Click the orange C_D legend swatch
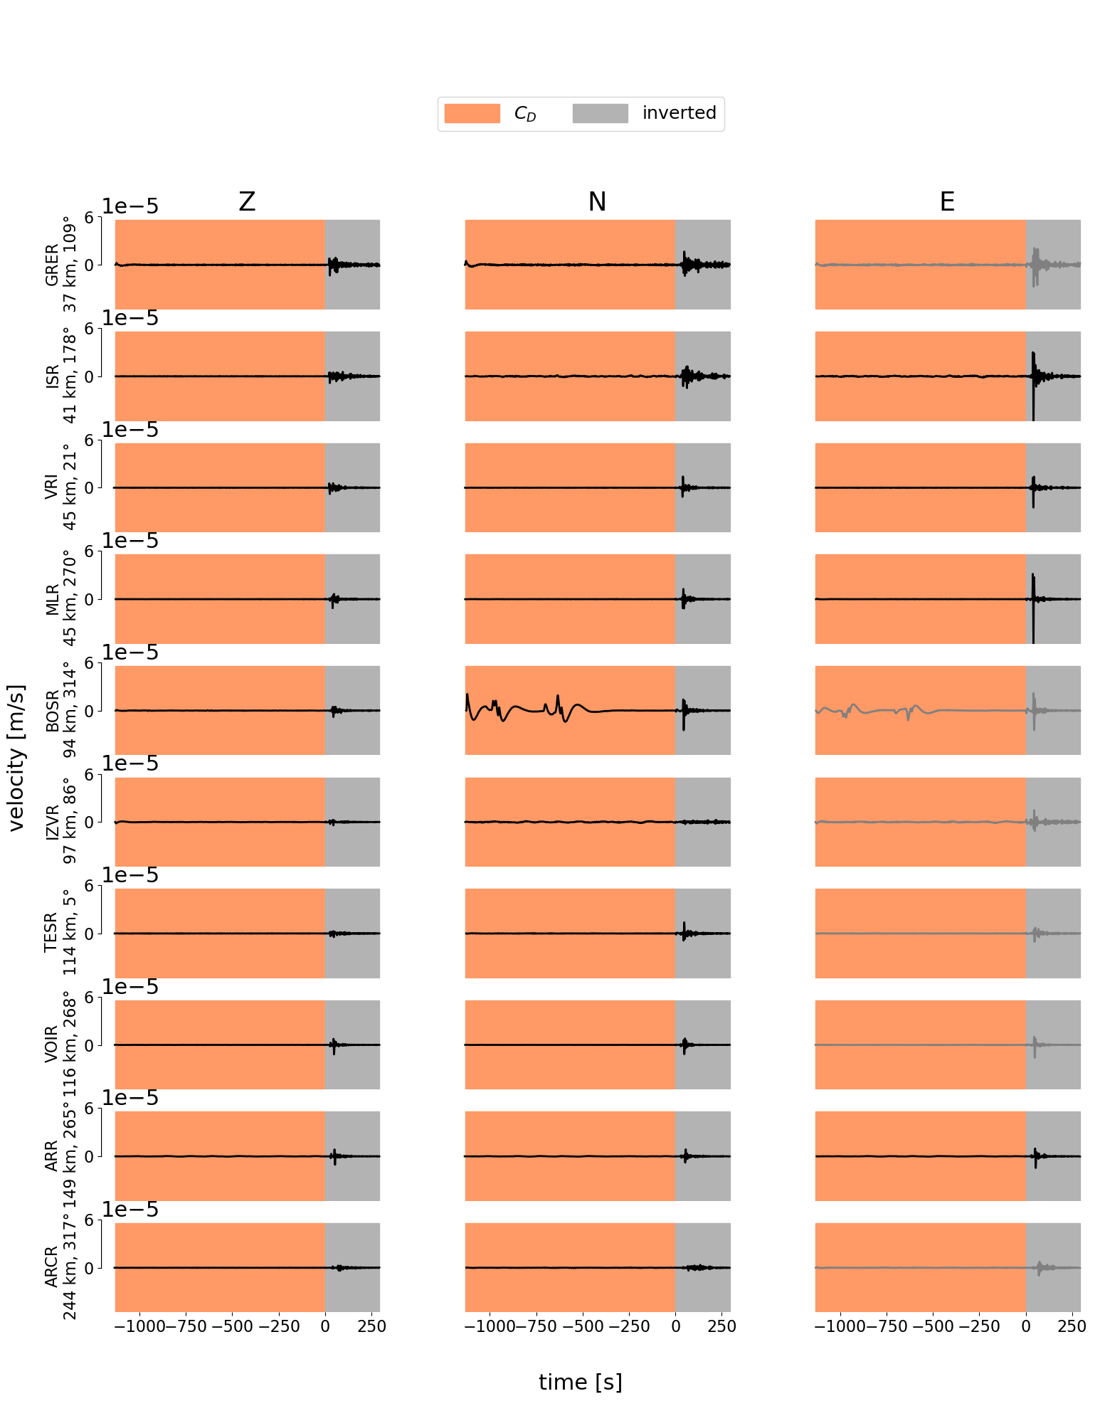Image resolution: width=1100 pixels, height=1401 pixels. pyautogui.click(x=472, y=114)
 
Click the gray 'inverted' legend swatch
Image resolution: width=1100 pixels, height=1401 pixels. pyautogui.click(x=600, y=114)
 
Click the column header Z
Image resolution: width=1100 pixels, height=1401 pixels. pyautogui.click(x=247, y=203)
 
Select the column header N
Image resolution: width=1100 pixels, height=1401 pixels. pyautogui.click(x=597, y=203)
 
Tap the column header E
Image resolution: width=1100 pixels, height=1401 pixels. pyautogui.click(x=947, y=203)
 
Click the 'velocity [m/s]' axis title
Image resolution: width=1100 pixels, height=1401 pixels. pyautogui.click(x=17, y=757)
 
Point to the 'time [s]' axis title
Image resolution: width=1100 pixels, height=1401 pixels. pyautogui.click(x=580, y=1383)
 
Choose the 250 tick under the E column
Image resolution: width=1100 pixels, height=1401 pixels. pyautogui.click(x=1072, y=1326)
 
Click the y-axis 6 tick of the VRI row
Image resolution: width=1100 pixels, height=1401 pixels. pyautogui.click(x=90, y=440)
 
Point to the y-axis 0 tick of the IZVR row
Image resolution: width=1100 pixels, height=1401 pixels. pyautogui.click(x=90, y=823)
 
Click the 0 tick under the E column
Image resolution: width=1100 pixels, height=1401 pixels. pyautogui.click(x=1025, y=1326)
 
